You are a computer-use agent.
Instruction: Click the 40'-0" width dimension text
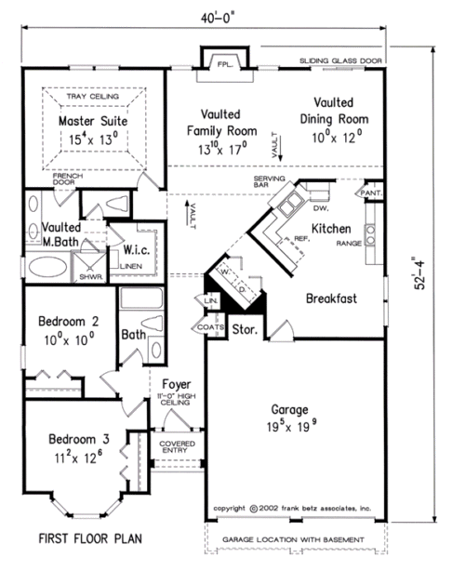click(x=218, y=18)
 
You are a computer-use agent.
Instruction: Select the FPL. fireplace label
click(x=225, y=64)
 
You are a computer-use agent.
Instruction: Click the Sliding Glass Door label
click(x=340, y=60)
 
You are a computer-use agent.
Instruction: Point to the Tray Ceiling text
click(x=93, y=97)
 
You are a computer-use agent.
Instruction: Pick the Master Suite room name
click(x=93, y=121)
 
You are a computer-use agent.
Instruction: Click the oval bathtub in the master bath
click(x=47, y=267)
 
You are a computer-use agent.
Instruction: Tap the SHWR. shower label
click(x=91, y=277)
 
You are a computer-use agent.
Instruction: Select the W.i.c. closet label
click(x=137, y=249)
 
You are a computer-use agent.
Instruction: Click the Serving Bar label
click(x=269, y=181)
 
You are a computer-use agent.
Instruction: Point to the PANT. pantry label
click(x=371, y=192)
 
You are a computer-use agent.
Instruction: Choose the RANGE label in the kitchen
click(x=349, y=244)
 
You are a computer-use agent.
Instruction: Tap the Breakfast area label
click(x=331, y=299)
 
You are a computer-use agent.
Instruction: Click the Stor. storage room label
click(x=245, y=329)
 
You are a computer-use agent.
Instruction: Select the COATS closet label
click(x=210, y=327)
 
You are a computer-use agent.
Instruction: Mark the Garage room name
click(x=289, y=410)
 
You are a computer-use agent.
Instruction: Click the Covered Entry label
click(x=177, y=447)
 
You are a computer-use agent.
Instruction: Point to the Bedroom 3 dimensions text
click(x=78, y=457)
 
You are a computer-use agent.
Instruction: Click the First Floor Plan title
click(x=90, y=538)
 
